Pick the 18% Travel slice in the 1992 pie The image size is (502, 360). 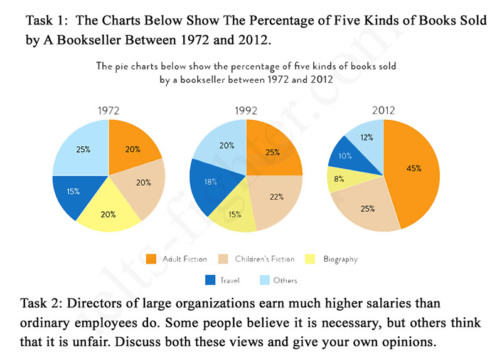(210, 182)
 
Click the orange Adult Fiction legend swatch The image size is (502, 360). (151, 259)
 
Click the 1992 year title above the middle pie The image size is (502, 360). (246, 110)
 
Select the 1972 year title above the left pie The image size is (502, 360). (109, 110)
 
